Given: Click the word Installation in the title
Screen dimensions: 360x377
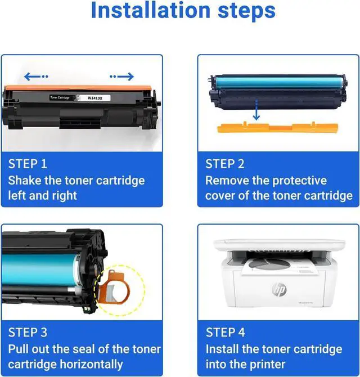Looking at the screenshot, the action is coord(151,10).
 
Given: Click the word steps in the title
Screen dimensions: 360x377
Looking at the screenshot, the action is coord(246,12).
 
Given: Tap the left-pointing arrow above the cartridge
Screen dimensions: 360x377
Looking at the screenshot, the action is coord(36,77).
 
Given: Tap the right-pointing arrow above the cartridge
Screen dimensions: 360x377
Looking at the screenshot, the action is coord(121,77).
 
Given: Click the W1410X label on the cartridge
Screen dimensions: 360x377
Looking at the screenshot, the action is coord(95,98).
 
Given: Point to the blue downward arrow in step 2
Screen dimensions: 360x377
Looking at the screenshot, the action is coord(256,110).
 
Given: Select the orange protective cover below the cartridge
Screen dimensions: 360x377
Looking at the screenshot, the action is coord(278,127).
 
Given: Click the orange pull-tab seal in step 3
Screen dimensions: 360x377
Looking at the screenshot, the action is coord(114,286).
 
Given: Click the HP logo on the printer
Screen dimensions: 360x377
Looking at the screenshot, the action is coord(280,289).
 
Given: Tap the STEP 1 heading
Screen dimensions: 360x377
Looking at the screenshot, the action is coord(28,164).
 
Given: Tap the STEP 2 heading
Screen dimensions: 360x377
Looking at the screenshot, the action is coord(224,164).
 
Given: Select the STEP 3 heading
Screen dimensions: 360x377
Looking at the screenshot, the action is coord(28,333).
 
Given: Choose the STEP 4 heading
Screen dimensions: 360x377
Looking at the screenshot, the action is coord(225,333).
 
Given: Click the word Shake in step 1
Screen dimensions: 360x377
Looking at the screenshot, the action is coord(25,180).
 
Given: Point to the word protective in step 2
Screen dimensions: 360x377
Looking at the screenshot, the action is coord(299,181).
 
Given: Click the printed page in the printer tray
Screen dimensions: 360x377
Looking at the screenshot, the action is coord(279,266).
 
